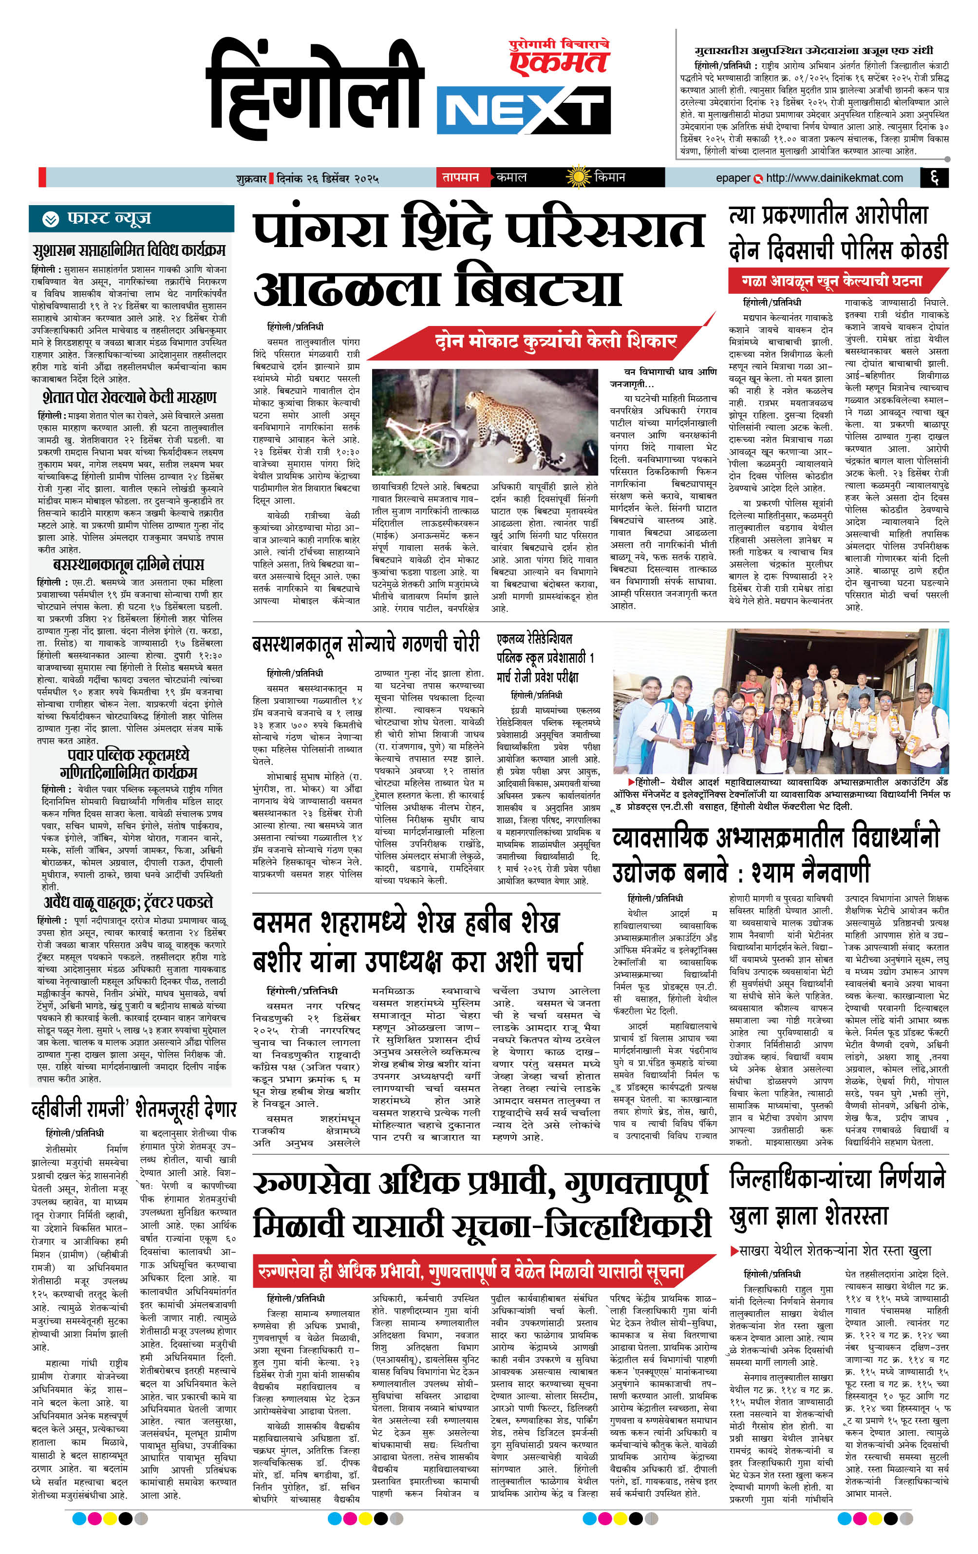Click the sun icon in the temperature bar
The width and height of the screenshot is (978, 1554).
pos(578,177)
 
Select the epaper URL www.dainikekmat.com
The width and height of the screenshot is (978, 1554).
pos(834,177)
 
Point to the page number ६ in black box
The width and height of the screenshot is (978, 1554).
pos(935,177)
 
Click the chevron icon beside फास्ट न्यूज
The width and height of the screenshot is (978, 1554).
pos(50,219)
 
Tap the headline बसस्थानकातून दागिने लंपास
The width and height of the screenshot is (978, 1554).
pos(129,564)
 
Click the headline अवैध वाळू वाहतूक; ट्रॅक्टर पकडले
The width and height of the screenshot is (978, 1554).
pos(129,902)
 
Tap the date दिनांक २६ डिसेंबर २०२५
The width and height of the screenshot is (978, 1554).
pos(327,178)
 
